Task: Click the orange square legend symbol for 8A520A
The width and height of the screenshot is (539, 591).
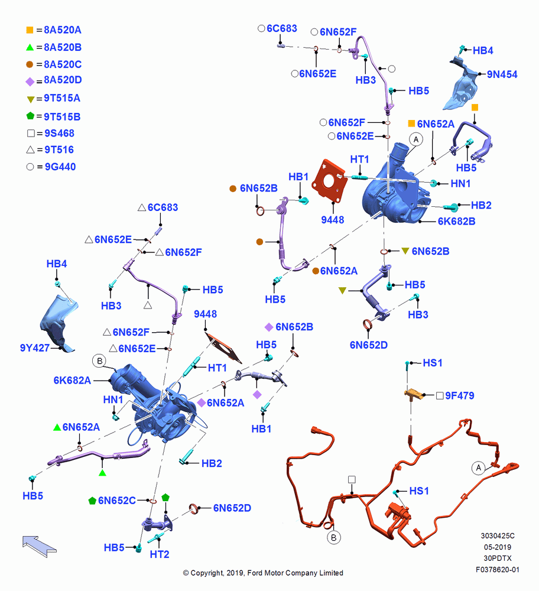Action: coord(30,30)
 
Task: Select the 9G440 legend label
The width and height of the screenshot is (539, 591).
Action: coord(60,167)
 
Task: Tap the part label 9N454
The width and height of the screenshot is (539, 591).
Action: coord(502,74)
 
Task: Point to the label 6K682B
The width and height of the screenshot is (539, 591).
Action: coord(456,221)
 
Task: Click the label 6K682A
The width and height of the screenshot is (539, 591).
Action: coord(72,380)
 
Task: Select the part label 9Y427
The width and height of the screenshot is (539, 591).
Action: coord(35,348)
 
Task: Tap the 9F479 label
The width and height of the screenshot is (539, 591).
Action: coord(459,395)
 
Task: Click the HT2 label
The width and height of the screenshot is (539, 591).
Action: coord(160,554)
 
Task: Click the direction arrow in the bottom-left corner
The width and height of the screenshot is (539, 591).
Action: coord(39,546)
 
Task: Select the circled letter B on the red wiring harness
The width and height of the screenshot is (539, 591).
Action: coord(333,537)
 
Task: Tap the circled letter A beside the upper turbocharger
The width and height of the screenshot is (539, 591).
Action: coord(416,139)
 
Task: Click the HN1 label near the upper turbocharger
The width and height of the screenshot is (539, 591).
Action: coord(460,184)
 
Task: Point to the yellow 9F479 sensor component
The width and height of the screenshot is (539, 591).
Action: coord(414,394)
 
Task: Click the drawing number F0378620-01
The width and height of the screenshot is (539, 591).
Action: coord(498,570)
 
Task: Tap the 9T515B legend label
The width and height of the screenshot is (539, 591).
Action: coord(62,117)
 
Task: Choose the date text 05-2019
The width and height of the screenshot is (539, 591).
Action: coord(498,547)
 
